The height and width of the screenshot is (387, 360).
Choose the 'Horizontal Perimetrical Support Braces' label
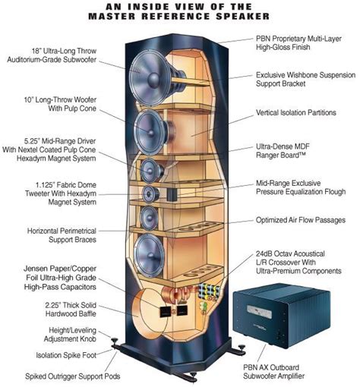tap(58, 236)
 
